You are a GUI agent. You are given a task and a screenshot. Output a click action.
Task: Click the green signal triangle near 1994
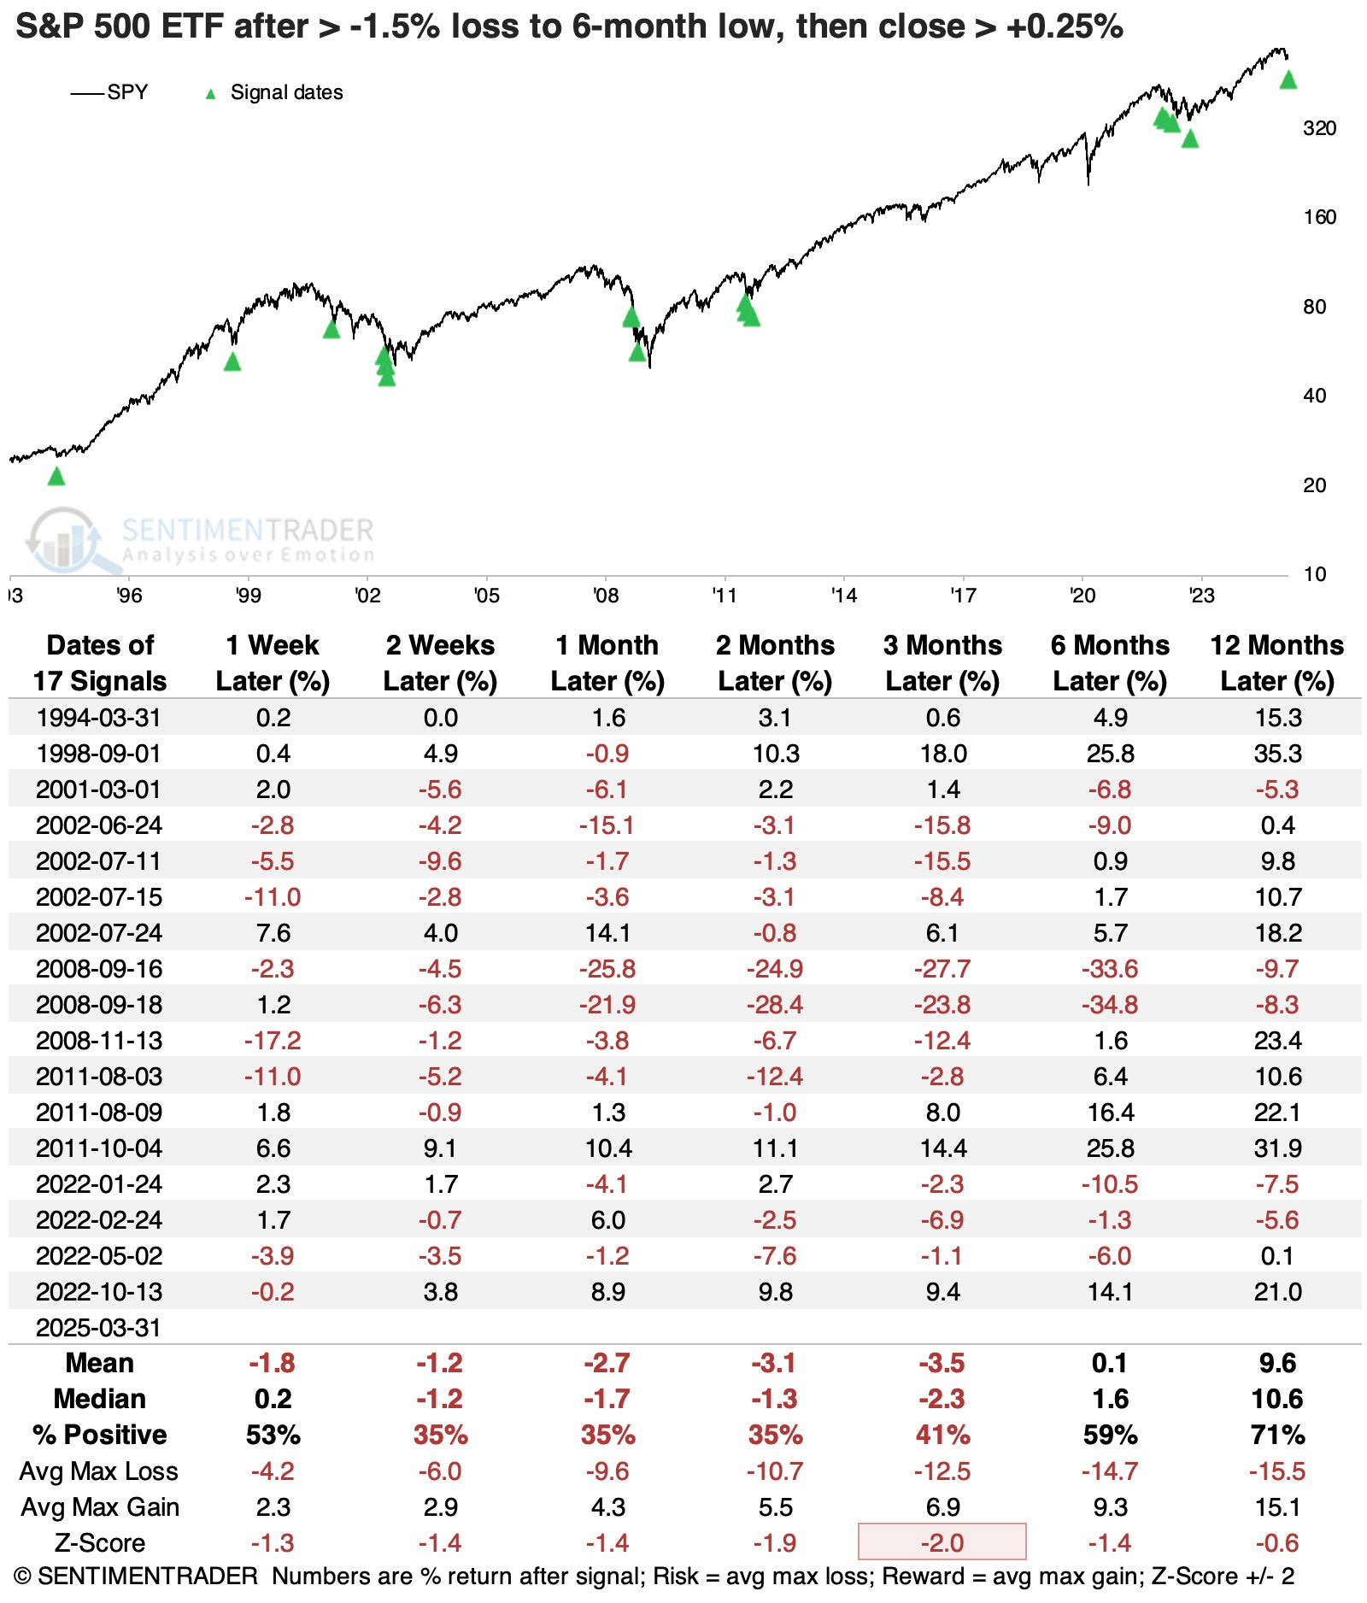coord(56,477)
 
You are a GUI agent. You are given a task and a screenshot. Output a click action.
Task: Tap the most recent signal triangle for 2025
coord(1288,80)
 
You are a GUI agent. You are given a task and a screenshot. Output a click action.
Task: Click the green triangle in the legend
coord(210,94)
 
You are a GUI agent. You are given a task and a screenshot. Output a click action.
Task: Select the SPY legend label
coord(127,92)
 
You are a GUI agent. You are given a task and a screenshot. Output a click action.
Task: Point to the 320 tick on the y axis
coord(1319,128)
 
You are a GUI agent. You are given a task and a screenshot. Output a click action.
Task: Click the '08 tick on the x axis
coord(606,596)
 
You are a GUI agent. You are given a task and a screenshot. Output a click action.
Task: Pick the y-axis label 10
coord(1315,574)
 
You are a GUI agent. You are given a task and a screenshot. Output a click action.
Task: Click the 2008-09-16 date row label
coord(99,969)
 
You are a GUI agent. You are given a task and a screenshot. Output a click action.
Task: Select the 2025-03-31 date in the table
coord(99,1328)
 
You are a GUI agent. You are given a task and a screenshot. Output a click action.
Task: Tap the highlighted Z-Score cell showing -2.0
coord(942,1543)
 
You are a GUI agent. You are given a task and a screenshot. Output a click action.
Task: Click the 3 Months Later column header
coord(942,663)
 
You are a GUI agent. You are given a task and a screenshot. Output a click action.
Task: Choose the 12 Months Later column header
coord(1277,663)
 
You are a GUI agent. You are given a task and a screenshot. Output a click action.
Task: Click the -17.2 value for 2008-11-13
coord(273,1041)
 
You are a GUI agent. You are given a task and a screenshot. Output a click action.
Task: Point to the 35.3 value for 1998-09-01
coord(1277,754)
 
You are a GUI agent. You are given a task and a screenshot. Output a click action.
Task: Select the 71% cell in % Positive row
coord(1277,1436)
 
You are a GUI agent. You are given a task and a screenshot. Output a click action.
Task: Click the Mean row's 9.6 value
coord(1277,1364)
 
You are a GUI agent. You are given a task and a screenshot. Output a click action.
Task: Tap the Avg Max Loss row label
coord(99,1471)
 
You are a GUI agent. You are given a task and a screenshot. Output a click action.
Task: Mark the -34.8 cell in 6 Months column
coord(1110,1005)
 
